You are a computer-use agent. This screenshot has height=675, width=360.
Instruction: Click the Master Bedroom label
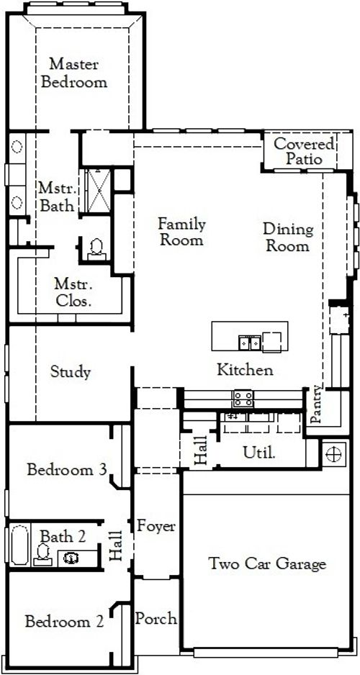[x=74, y=73]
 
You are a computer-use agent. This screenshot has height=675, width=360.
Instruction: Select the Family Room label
[x=181, y=232]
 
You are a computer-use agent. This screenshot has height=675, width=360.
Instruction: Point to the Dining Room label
[x=287, y=237]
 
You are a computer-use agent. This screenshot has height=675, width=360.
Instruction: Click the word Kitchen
[x=246, y=371]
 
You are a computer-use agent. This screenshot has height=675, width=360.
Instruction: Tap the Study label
[x=71, y=372]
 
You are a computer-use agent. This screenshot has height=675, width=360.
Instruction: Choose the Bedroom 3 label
[x=67, y=471]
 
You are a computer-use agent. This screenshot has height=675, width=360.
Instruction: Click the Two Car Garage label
[x=267, y=563]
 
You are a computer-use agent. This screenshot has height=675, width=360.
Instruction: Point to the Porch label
[x=156, y=618]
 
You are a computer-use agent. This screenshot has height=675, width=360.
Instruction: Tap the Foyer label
[x=156, y=526]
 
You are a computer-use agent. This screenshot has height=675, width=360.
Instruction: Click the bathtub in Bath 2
[x=17, y=546]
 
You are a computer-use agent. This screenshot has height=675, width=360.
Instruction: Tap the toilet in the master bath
[x=96, y=248]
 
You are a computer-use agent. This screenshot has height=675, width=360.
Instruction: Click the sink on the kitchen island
[x=249, y=341]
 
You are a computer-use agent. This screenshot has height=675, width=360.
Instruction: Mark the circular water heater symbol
[x=332, y=453]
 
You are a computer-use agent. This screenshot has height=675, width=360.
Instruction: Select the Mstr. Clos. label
[x=74, y=293]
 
